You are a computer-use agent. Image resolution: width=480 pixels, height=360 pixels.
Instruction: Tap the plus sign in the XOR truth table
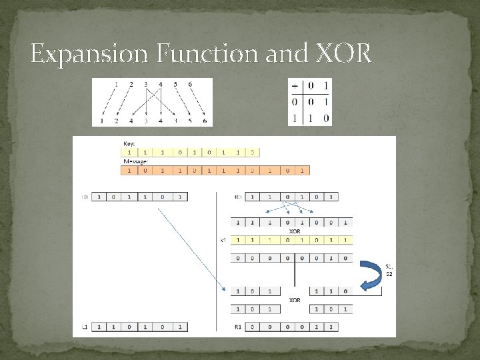pyautogui.click(x=295, y=86)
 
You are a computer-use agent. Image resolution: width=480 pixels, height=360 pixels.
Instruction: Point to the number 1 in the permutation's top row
pyautogui.click(x=116, y=85)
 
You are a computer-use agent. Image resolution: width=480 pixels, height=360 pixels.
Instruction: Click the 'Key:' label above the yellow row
pyautogui.click(x=129, y=143)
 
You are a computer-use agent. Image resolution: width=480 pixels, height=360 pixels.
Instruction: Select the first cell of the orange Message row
pyautogui.click(x=128, y=171)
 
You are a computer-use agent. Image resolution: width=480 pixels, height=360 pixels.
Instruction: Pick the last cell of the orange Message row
pyautogui.click(x=302, y=171)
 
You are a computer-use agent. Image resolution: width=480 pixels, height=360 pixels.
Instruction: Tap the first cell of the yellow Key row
pyautogui.click(x=128, y=152)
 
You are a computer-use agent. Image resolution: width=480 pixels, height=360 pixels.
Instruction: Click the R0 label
pyautogui.click(x=238, y=197)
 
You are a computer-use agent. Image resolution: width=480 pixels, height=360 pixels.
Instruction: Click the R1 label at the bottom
pyautogui.click(x=238, y=327)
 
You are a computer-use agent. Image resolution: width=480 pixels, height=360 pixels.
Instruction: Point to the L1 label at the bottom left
pyautogui.click(x=85, y=327)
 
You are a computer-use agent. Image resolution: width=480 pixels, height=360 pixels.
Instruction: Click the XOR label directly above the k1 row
pyautogui.click(x=294, y=231)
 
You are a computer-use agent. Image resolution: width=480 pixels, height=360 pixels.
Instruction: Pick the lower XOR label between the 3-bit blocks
pyautogui.click(x=294, y=300)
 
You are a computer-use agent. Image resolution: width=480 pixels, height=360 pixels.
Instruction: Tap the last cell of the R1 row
pyautogui.click(x=330, y=327)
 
